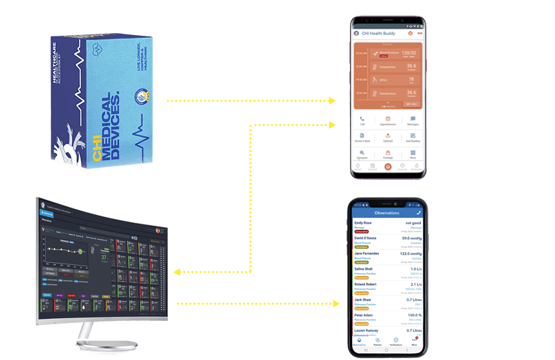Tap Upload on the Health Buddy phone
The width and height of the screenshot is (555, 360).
388,138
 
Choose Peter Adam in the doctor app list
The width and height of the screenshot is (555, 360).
364,314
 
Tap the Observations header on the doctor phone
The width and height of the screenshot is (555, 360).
387,212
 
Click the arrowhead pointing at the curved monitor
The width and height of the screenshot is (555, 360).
176,272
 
